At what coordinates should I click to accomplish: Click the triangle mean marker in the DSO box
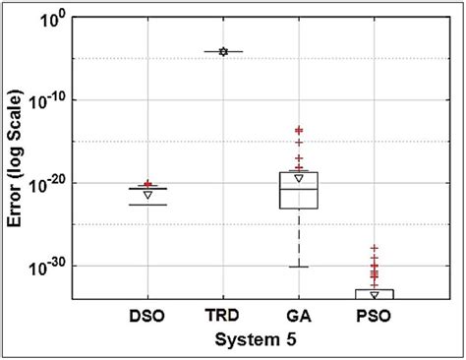148,195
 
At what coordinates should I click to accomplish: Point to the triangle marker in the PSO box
375,294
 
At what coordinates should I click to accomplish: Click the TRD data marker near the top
223,51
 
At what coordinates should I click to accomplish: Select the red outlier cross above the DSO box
148,184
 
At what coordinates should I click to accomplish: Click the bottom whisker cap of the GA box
299,267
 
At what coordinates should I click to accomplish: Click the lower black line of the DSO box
148,205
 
